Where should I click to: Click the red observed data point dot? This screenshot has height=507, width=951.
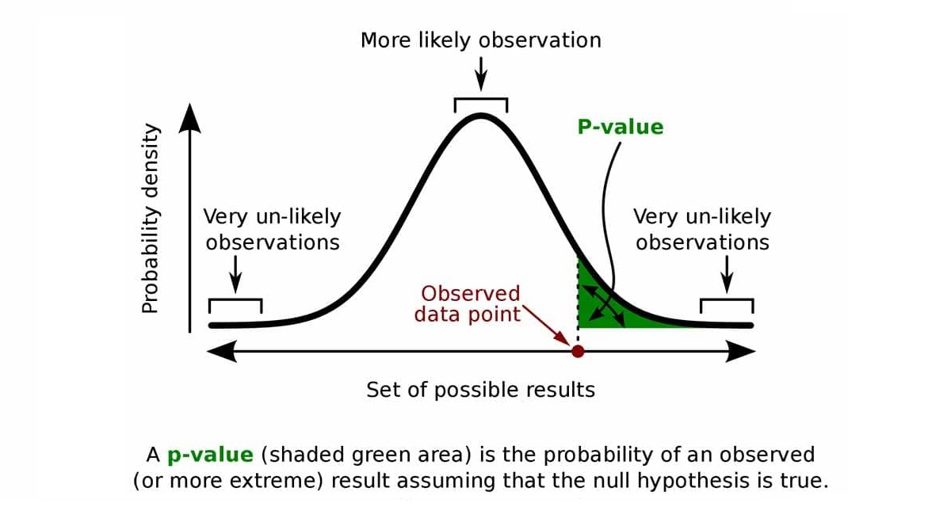tap(578, 351)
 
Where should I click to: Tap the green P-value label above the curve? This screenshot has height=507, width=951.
tap(621, 128)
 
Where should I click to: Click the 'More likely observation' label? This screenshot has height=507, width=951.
tap(480, 40)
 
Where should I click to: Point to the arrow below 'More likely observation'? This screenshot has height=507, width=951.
tap(480, 74)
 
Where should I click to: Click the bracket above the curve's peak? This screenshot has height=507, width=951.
tap(481, 99)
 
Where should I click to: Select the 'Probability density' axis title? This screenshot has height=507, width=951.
tap(151, 219)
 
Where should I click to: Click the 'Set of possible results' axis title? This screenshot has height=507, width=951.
tap(480, 390)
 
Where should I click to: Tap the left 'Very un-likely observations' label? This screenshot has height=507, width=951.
tap(272, 230)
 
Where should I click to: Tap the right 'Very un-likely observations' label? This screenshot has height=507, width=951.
tap(702, 230)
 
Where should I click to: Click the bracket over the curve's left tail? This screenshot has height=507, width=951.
tap(235, 300)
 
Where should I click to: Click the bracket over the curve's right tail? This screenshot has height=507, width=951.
tap(727, 300)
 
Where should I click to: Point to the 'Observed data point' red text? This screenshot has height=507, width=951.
tap(468, 304)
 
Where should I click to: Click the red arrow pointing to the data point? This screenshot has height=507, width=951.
tap(546, 326)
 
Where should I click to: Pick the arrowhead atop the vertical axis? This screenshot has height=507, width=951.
tap(189, 118)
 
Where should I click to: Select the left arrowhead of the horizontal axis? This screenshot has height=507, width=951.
tap(222, 351)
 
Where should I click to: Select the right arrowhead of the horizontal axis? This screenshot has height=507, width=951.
tap(740, 351)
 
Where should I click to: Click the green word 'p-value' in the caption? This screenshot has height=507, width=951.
tap(211, 456)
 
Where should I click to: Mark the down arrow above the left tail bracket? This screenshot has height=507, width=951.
tap(235, 274)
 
